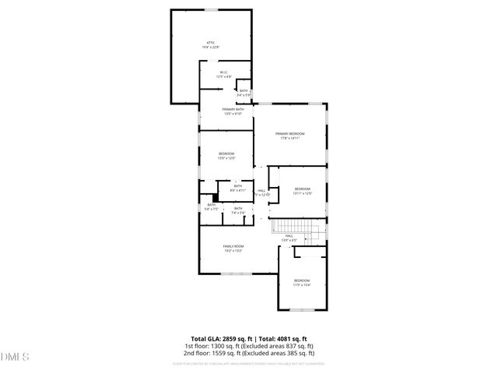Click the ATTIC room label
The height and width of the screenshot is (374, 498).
tap(211, 42)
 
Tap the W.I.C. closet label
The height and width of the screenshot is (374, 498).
tap(223, 73)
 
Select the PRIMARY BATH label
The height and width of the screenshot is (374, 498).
tap(233, 109)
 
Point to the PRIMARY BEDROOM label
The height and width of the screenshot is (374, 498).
tap(289, 134)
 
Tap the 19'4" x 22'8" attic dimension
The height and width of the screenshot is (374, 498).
tap(211, 48)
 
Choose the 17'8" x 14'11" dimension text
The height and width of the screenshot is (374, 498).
tap(289, 139)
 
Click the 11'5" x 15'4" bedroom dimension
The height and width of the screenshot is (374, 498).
tap(301, 285)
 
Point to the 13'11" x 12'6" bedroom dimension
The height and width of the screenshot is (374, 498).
tap(302, 193)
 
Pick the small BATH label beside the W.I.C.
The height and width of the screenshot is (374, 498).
tap(244, 91)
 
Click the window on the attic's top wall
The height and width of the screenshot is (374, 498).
tap(211, 9)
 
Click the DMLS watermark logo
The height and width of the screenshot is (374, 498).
tap(15, 357)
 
